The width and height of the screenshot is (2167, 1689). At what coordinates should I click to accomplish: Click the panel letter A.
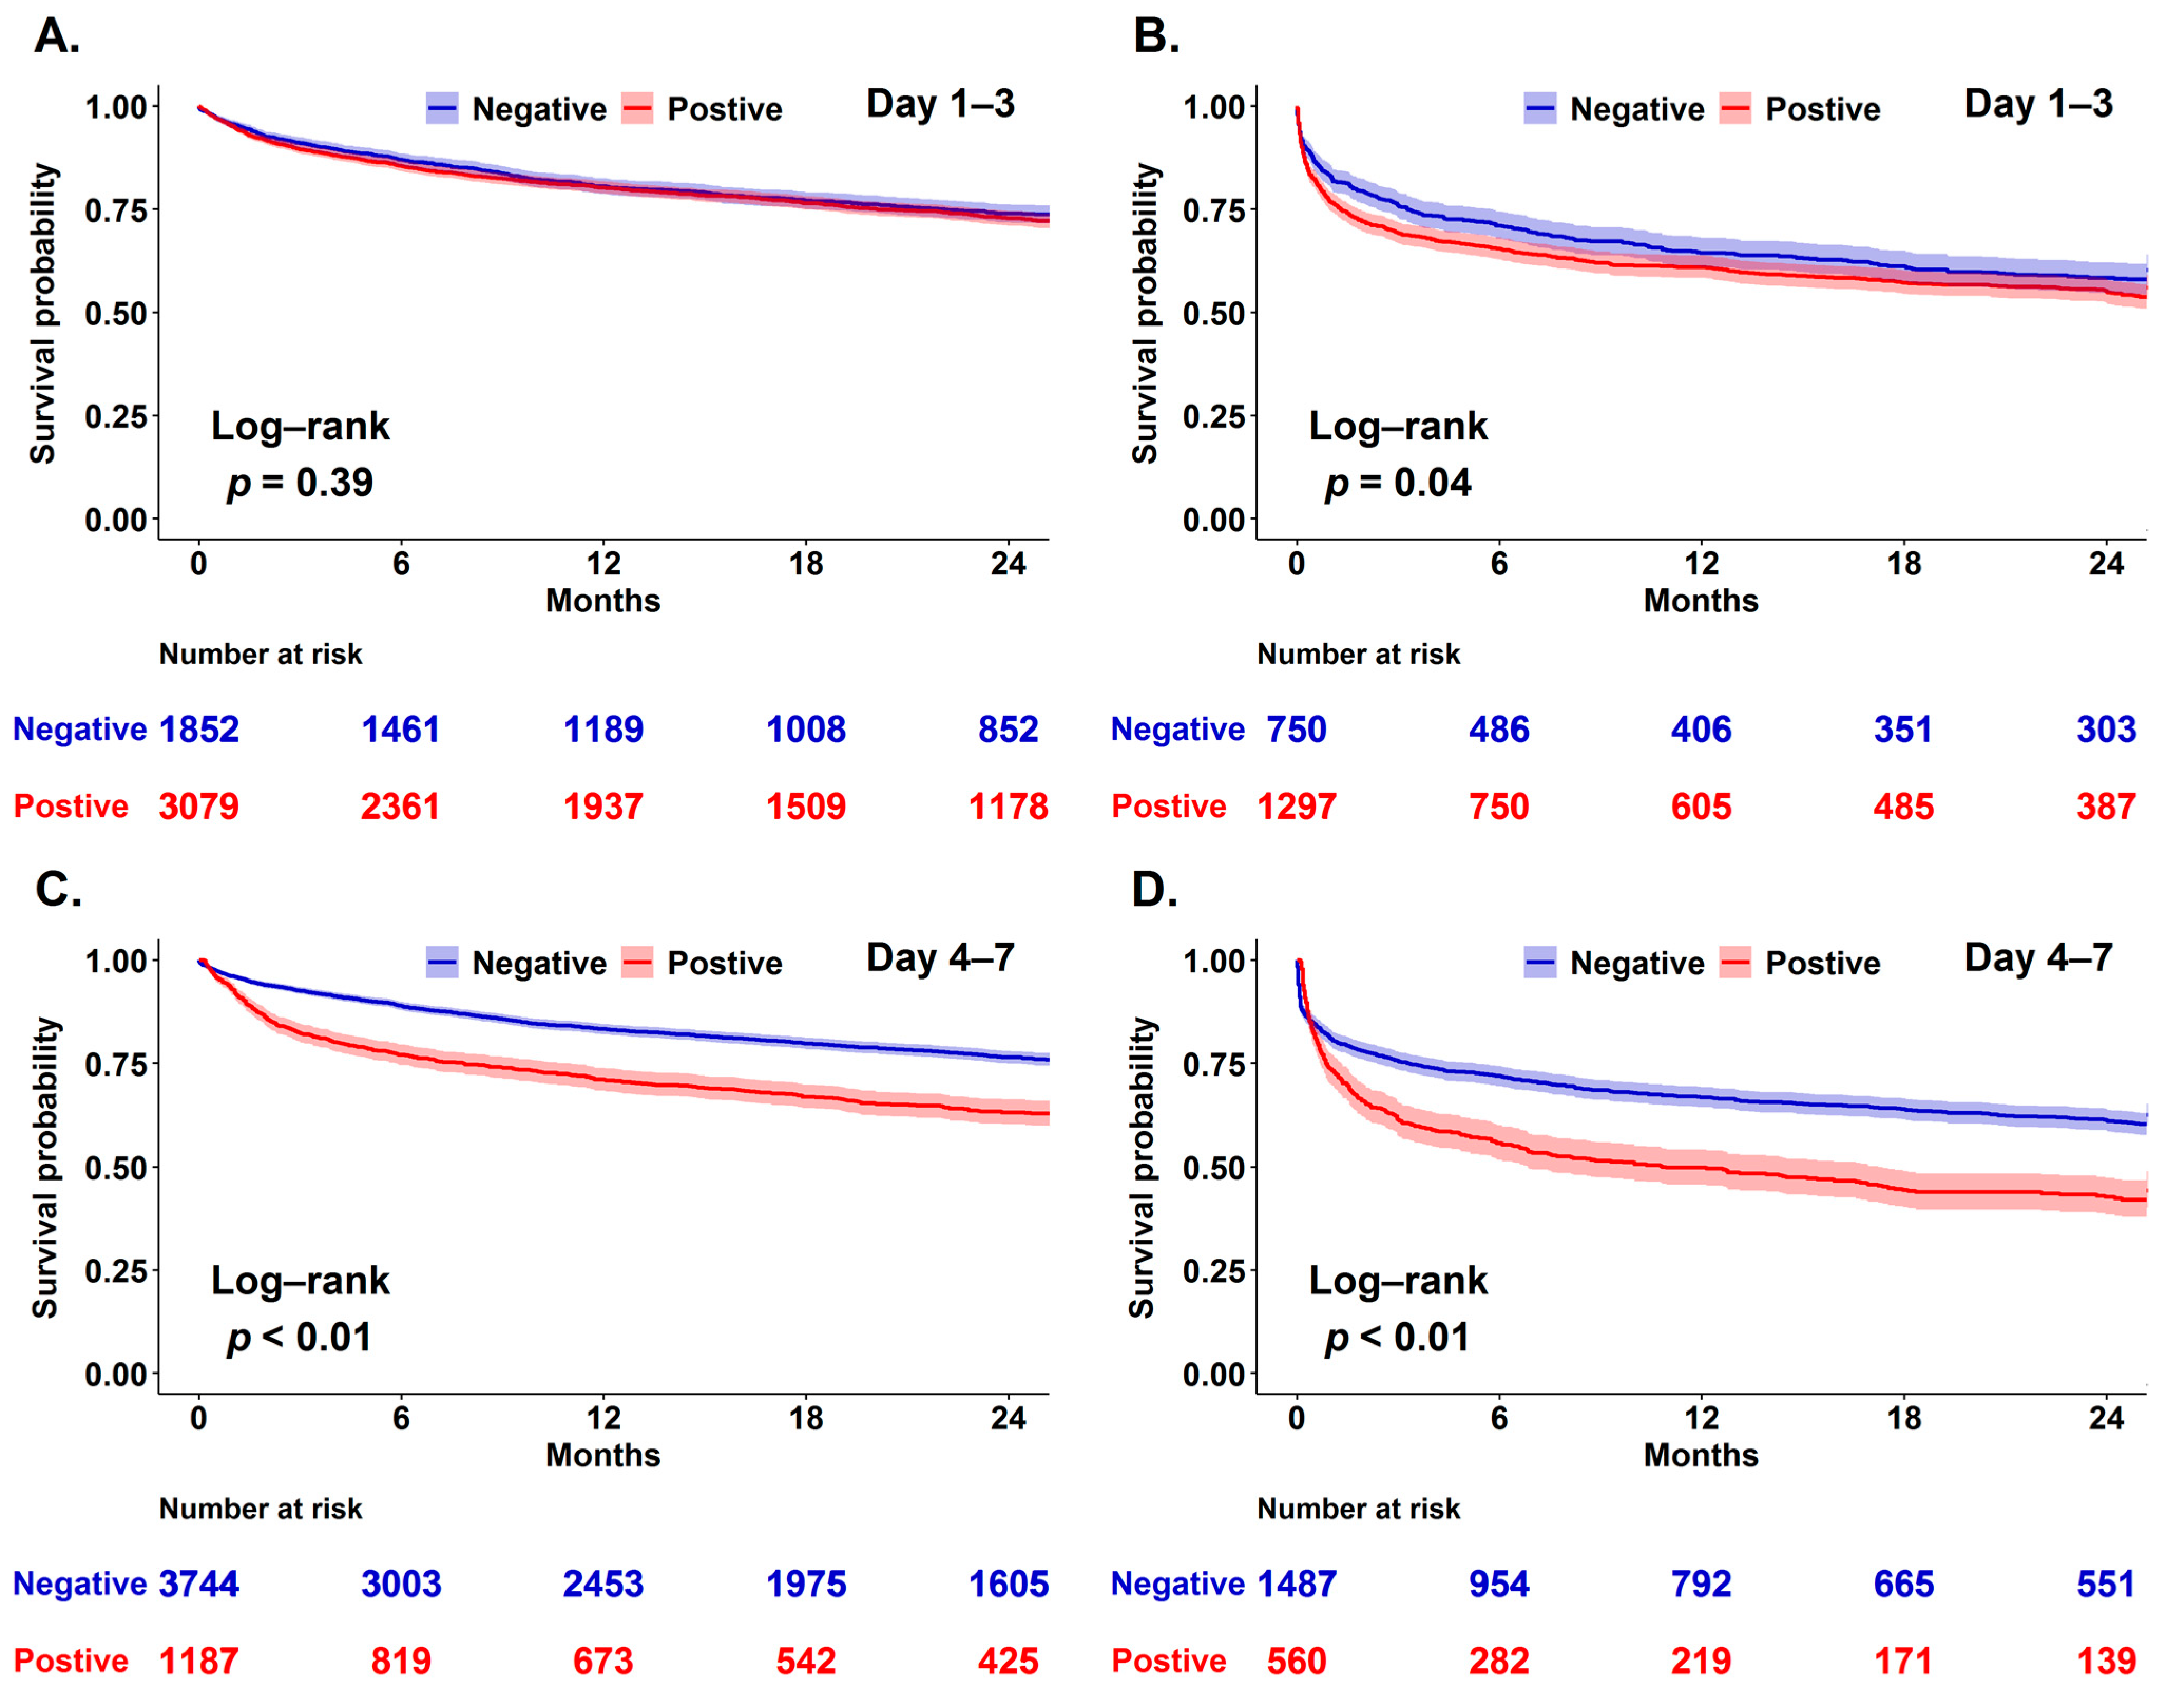pos(56,37)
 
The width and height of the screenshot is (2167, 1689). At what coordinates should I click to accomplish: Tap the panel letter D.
pos(1155,890)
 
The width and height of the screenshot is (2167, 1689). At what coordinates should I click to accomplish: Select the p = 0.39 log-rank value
pos(300,483)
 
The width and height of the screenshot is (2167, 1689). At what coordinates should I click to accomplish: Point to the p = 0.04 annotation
pos(1398,483)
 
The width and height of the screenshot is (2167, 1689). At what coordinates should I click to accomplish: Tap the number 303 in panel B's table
pos(2105,730)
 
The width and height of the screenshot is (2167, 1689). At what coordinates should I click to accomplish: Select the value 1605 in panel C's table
pos(1008,1584)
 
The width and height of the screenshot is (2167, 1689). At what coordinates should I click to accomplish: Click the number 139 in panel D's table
pos(2105,1660)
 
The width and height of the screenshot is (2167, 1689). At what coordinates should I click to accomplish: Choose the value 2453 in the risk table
pos(603,1584)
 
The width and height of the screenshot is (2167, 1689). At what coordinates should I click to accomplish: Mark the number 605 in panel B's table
pos(1701,806)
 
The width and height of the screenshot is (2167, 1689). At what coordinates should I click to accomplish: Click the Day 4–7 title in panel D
pos(2038,957)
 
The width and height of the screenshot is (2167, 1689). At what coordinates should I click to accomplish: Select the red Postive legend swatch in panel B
pos(1735,108)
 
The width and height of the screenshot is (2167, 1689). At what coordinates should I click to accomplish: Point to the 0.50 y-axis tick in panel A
pos(116,313)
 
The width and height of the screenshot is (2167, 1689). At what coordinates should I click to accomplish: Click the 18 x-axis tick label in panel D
pos(1903,1418)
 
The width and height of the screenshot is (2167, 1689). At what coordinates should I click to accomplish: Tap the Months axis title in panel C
pos(603,1455)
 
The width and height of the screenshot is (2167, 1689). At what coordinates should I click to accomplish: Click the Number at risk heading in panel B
pos(1358,654)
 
